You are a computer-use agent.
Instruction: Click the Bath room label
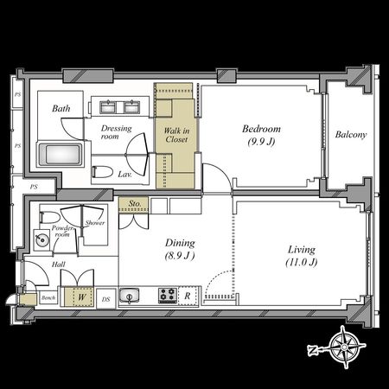tap(61, 109)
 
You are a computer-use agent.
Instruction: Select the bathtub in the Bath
tap(61, 157)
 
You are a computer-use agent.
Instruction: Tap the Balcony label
tap(351, 134)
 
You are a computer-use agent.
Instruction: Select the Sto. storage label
tap(134, 204)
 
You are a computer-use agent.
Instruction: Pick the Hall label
tap(58, 265)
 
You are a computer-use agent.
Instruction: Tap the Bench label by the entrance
tap(49, 298)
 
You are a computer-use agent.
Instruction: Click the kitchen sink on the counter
tap(129, 296)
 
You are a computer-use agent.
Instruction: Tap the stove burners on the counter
tap(167, 296)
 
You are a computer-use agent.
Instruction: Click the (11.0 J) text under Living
tap(303, 262)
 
